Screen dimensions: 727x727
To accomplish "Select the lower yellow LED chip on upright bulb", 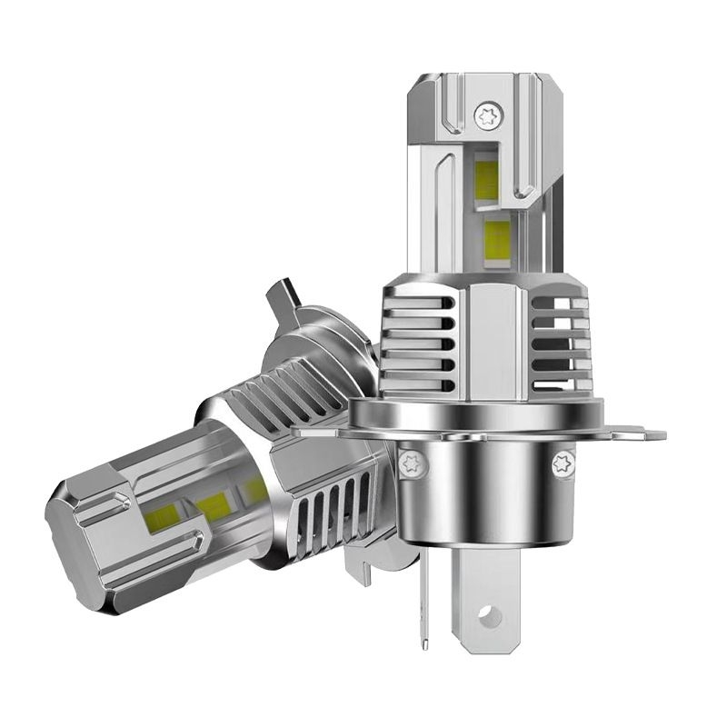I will click(498, 239).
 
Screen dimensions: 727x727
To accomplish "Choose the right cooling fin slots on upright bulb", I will click(559, 336).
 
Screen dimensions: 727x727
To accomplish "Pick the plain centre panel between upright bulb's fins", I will click(491, 336).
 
